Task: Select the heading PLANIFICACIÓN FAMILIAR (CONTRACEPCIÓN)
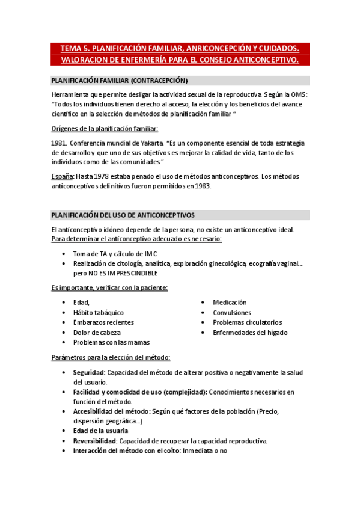(x=119, y=80)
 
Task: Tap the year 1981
(x=59, y=143)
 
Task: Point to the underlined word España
(x=63, y=176)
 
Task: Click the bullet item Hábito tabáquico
(x=99, y=313)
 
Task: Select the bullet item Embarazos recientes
(x=103, y=322)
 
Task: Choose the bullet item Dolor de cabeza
(x=97, y=332)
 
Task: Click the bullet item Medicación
(x=230, y=303)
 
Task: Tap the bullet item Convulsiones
(x=232, y=313)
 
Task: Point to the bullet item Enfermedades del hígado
(x=250, y=332)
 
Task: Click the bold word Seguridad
(x=88, y=372)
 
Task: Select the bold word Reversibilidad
(x=94, y=441)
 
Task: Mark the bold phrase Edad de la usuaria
(x=100, y=431)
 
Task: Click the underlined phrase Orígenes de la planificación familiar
(x=105, y=128)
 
